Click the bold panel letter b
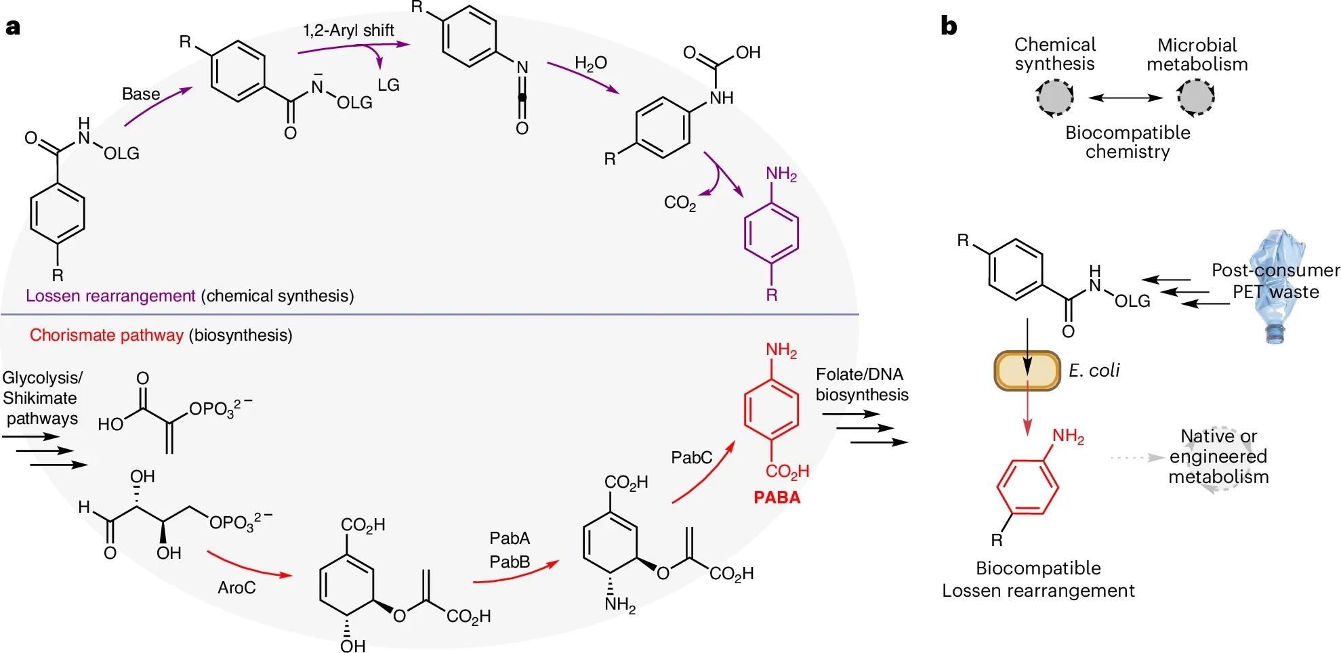pyautogui.click(x=949, y=26)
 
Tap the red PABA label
pyautogui.click(x=777, y=498)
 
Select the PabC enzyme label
pyautogui.click(x=692, y=458)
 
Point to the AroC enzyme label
pyautogui.click(x=236, y=587)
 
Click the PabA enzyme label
pyautogui.click(x=510, y=539)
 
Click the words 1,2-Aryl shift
pyautogui.click(x=348, y=30)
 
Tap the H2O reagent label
pyautogui.click(x=590, y=64)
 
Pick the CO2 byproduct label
pyautogui.click(x=680, y=203)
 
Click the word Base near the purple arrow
pyautogui.click(x=141, y=94)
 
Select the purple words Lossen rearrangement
pyautogui.click(x=110, y=296)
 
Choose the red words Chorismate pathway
pyautogui.click(x=106, y=335)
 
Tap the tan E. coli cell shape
pyautogui.click(x=1027, y=371)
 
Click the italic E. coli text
pyautogui.click(x=1094, y=371)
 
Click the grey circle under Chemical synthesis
pyautogui.click(x=1054, y=98)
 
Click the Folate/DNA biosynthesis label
pyautogui.click(x=861, y=385)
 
